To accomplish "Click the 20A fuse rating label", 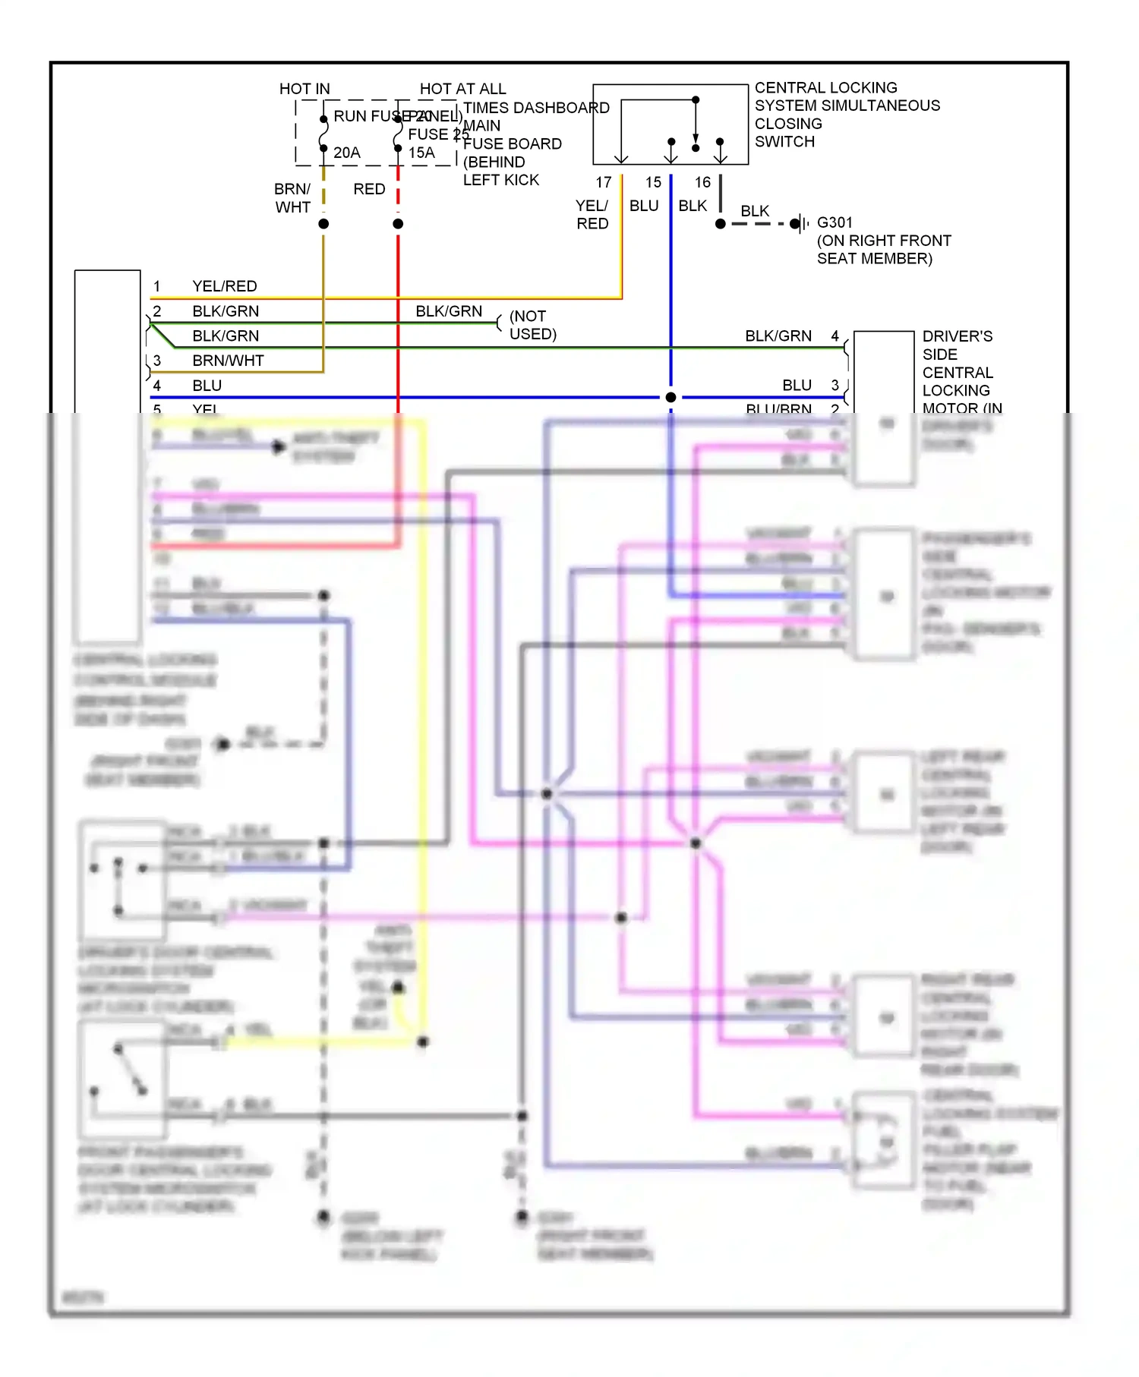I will pyautogui.click(x=347, y=153).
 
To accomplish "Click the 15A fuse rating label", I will pyautogui.click(x=421, y=153).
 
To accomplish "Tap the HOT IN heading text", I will pyautogui.click(x=304, y=89).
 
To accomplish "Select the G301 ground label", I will pyautogui.click(x=835, y=222).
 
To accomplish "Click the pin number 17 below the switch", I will pyautogui.click(x=604, y=182).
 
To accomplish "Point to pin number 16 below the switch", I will pyautogui.click(x=703, y=182).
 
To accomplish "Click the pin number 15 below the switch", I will pyautogui.click(x=654, y=182).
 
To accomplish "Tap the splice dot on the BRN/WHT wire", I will pyautogui.click(x=323, y=224).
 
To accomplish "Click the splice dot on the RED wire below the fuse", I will pyautogui.click(x=398, y=224).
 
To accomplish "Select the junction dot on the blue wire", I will pyautogui.click(x=670, y=397).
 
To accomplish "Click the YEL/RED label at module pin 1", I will pyautogui.click(x=225, y=286).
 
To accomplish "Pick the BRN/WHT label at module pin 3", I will pyautogui.click(x=228, y=361).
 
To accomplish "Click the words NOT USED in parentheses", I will pyautogui.click(x=532, y=325).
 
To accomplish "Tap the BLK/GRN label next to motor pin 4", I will pyautogui.click(x=778, y=336).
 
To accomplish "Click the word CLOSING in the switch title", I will pyautogui.click(x=788, y=124).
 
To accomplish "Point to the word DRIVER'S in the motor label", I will pyautogui.click(x=957, y=336).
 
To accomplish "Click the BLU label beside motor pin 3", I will pyautogui.click(x=797, y=385).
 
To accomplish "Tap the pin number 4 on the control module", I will pyautogui.click(x=157, y=386).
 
